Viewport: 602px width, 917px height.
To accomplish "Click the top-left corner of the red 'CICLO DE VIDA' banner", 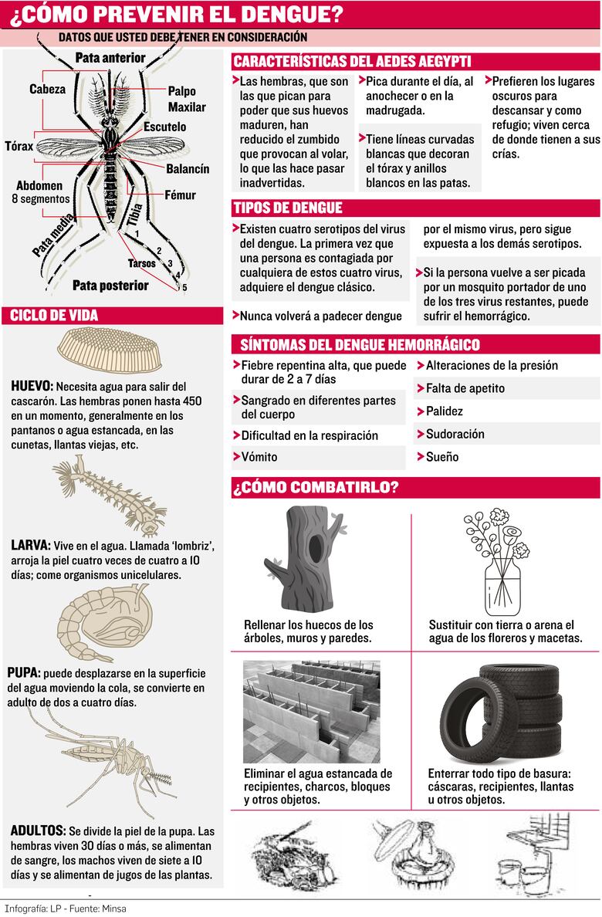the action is point(2,307).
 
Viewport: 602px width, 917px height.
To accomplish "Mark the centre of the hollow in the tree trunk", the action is point(316,547).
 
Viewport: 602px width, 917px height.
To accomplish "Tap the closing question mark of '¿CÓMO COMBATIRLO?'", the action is point(394,486).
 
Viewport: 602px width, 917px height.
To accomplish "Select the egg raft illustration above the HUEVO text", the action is point(110,350).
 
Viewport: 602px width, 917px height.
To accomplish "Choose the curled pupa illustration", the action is point(104,624).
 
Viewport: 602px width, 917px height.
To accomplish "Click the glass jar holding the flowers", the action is point(502,587).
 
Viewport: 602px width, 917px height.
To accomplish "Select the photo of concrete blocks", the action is point(311,712).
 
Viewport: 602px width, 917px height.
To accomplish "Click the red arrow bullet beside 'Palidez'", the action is point(420,411).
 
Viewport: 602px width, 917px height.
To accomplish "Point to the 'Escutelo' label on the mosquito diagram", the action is point(164,127).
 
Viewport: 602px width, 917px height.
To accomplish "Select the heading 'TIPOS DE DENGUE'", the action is point(287,208).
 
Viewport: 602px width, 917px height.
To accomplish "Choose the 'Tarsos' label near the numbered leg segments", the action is point(141,264).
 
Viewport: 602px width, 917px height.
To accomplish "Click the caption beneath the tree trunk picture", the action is point(308,631).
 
